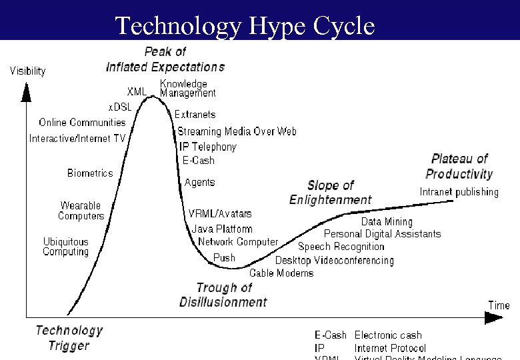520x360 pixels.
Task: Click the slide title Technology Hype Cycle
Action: pos(245,25)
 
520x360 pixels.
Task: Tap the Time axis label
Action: pos(499,305)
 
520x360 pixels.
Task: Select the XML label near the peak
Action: pos(137,91)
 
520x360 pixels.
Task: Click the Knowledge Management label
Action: pos(187,89)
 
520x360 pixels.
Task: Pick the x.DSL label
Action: pos(120,107)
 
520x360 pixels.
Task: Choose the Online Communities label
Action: pos(82,122)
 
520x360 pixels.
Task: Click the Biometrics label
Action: pos(90,173)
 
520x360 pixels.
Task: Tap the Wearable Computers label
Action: pos(81,211)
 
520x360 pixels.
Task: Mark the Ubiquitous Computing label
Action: pos(65,247)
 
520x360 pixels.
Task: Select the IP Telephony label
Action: pos(207,147)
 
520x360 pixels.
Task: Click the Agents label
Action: pos(199,182)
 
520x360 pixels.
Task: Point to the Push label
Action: pos(224,257)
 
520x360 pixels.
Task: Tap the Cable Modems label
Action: pos(281,273)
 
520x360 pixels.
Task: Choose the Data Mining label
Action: pos(387,221)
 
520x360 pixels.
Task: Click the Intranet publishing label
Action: pos(459,192)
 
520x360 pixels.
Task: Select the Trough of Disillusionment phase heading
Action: pos(223,295)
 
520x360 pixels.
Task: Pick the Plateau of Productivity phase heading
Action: pos(459,167)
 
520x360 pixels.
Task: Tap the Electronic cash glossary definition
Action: pos(388,335)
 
